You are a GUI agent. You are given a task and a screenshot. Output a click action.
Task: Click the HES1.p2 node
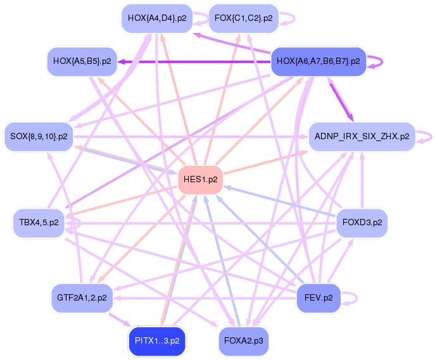[200, 180]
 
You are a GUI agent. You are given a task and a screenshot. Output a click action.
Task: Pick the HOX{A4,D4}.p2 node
[156, 18]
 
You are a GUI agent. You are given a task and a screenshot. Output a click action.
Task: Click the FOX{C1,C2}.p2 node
[243, 18]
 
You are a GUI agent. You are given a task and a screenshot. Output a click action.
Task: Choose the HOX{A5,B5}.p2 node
[82, 61]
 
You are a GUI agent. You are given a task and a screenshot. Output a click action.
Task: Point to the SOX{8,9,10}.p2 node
[39, 136]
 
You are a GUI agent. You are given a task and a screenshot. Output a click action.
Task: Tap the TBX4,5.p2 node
[39, 223]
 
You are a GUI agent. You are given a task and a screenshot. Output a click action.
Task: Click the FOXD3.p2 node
[362, 223]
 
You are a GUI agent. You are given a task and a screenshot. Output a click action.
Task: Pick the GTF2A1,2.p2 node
[81, 297]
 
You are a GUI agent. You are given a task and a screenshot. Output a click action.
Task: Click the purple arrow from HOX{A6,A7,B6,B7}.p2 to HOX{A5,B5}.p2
[190, 61]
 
